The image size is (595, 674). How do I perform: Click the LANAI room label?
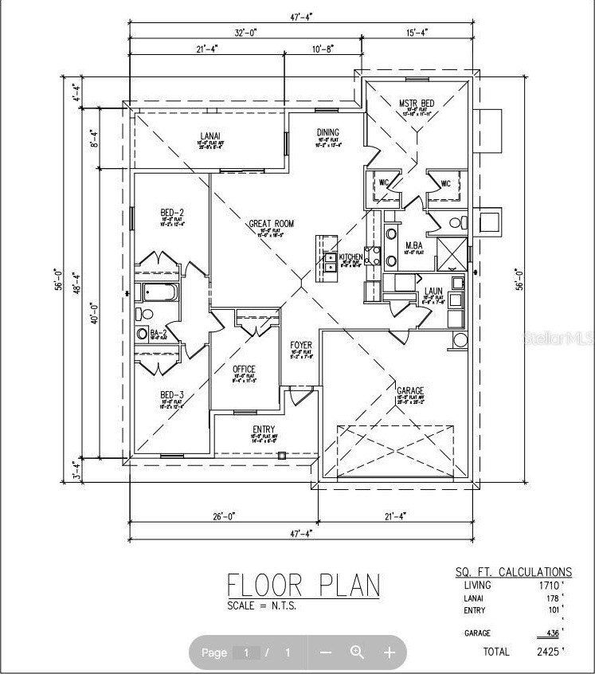(x=211, y=136)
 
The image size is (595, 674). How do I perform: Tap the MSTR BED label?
(x=416, y=104)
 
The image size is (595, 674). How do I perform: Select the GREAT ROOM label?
(x=272, y=225)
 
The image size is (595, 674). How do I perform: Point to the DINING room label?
(x=328, y=133)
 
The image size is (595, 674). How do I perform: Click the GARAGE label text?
(x=409, y=391)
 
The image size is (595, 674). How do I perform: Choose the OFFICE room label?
(x=244, y=369)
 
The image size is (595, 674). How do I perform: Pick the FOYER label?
(x=301, y=345)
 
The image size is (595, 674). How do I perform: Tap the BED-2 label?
(x=172, y=213)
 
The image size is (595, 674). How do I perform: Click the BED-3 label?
(x=172, y=395)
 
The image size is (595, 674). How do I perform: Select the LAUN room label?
(x=433, y=292)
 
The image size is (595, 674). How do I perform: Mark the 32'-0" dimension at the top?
(x=246, y=33)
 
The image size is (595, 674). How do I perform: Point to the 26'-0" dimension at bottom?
(x=222, y=517)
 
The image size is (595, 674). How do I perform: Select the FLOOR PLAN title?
(x=304, y=585)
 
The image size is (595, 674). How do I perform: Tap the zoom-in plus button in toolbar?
(x=389, y=652)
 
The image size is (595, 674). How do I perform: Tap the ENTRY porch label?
(x=264, y=429)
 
